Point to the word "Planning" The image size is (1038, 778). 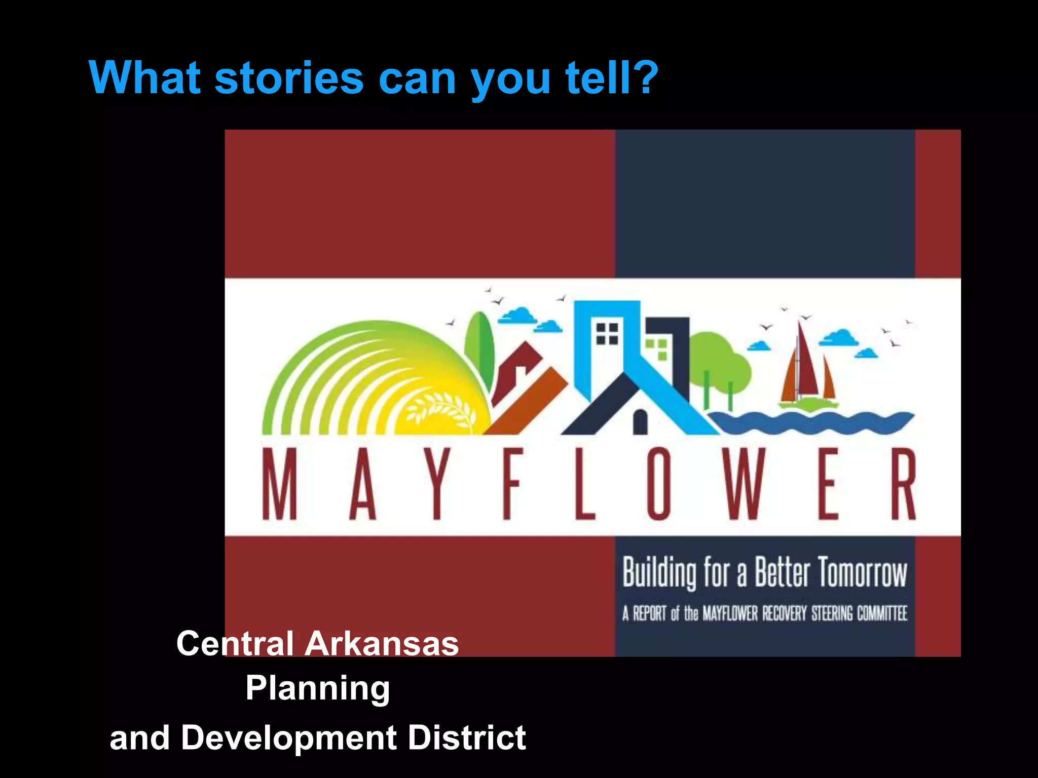pos(318,688)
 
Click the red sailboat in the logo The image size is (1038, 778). pos(806,370)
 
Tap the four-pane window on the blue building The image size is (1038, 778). pos(607,333)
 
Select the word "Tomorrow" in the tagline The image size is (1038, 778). pos(862,573)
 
